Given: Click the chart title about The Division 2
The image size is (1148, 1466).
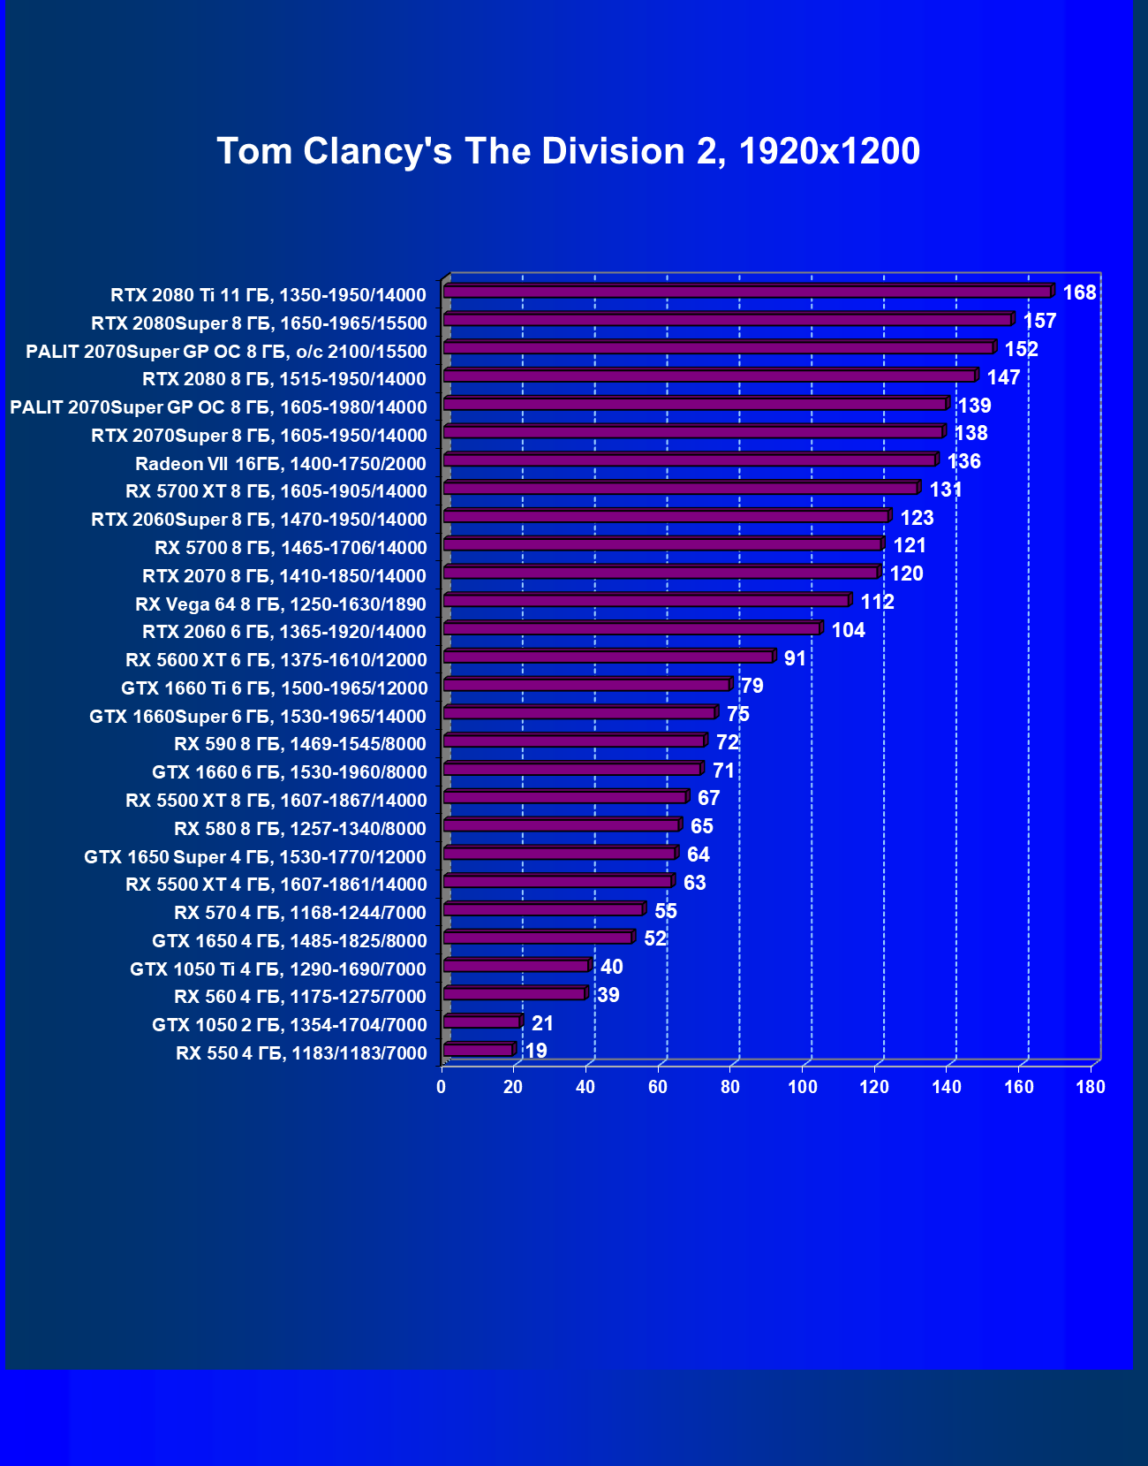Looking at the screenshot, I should [x=569, y=151].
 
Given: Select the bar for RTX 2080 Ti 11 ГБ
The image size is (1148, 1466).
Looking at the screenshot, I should [x=747, y=291].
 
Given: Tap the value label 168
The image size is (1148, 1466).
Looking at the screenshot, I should [x=1079, y=292].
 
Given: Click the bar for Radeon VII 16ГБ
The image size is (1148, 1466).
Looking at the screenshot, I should [x=689, y=460].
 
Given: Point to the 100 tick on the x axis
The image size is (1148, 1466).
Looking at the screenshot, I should [x=803, y=1087].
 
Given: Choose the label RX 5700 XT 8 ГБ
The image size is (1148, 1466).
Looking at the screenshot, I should [x=276, y=491].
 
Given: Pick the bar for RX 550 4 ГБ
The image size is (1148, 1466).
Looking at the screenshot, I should [x=478, y=1050].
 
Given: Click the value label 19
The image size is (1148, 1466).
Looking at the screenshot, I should [x=536, y=1051].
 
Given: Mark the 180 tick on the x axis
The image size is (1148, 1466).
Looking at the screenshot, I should [x=1091, y=1087].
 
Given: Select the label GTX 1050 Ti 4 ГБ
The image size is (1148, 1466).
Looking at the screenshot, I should [x=278, y=969].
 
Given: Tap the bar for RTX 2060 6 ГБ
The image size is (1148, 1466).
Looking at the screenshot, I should [x=631, y=628].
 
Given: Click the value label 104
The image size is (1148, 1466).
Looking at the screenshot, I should [x=849, y=630].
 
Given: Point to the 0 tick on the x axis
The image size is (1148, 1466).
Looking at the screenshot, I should [x=442, y=1087].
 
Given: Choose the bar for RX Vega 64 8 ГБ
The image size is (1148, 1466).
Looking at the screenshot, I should [x=646, y=600].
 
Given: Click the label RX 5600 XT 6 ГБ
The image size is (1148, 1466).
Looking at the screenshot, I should [x=276, y=660].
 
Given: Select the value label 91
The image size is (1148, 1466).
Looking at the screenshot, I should [x=795, y=658].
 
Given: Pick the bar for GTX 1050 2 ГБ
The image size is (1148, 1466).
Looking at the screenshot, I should [x=481, y=1022].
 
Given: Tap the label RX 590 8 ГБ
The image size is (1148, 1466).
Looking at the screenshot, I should [x=300, y=744].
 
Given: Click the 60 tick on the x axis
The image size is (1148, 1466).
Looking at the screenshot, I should [x=658, y=1087].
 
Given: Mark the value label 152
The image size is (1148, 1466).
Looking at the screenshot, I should [x=1021, y=349].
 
